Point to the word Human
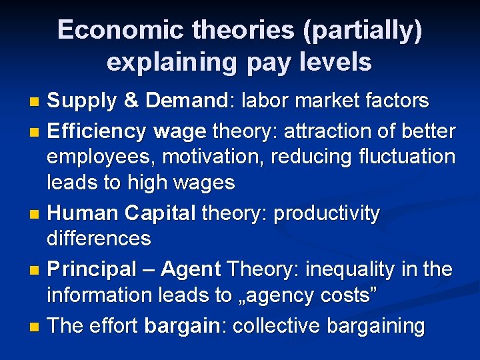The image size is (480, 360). coord(83,214)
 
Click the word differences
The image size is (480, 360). coord(99,238)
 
